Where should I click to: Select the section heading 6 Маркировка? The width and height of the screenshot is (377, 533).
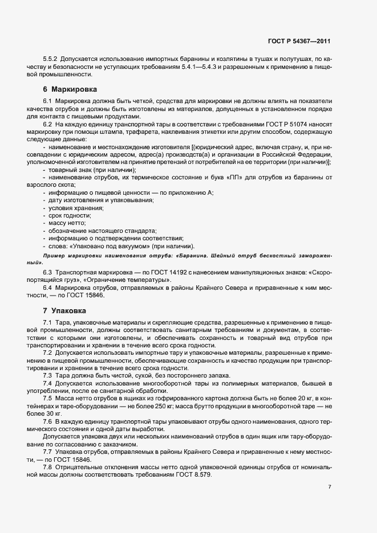(70, 89)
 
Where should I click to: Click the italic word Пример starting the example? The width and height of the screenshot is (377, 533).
(53, 256)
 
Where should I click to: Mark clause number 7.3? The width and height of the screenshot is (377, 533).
(48, 375)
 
